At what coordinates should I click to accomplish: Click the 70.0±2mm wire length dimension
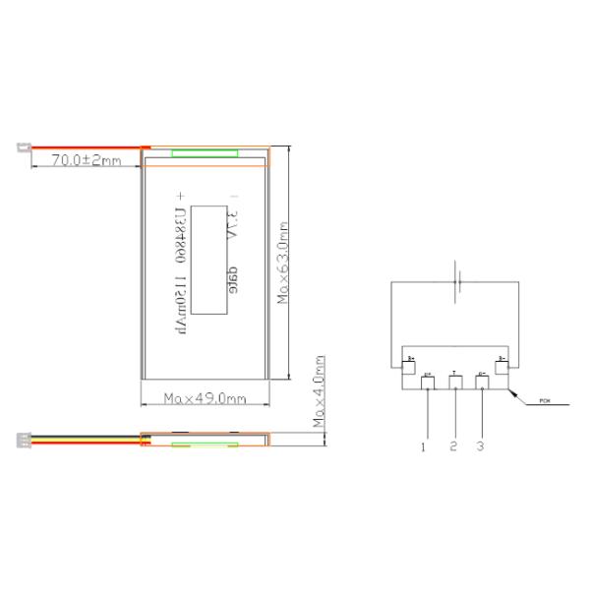pos(86,159)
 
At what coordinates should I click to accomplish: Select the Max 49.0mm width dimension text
pos(205,398)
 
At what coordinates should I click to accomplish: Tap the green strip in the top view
pos(205,152)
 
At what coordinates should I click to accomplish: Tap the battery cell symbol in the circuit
pos(455,283)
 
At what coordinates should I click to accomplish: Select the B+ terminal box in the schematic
pos(410,366)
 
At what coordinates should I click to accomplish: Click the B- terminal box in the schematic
pos(501,366)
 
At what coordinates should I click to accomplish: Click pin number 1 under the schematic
pos(423,446)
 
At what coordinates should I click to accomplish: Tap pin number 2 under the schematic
pos(453,446)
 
